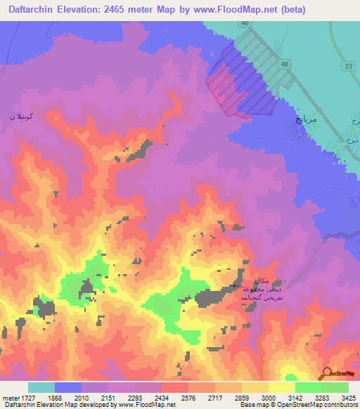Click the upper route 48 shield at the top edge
[x=245, y=23]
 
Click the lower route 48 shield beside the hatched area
[x=283, y=65]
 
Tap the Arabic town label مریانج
[x=300, y=121]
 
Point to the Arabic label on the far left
[x=21, y=117]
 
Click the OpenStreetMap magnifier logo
[x=325, y=373]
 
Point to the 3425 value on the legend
[x=349, y=397]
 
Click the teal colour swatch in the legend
[x=41, y=387]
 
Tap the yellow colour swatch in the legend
[x=282, y=387]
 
